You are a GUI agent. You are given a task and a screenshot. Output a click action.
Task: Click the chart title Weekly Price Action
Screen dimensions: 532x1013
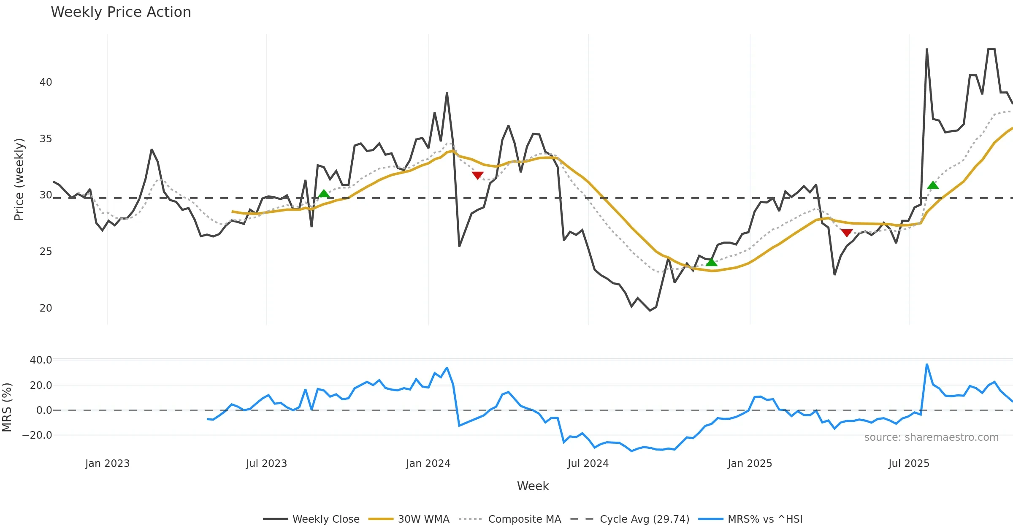pos(121,12)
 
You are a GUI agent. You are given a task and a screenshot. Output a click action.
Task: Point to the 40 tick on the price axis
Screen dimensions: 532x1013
pos(46,82)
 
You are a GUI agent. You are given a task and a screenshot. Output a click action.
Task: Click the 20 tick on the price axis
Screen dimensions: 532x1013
pos(46,308)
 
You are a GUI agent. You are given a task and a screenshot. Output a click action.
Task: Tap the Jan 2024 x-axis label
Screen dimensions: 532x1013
pos(428,464)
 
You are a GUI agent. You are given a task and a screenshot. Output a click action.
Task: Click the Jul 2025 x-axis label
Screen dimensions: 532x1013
pos(909,464)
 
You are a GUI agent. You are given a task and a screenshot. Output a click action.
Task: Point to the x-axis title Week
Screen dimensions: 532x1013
pos(533,486)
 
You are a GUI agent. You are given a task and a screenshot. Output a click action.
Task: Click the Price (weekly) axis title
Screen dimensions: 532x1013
pos(19,179)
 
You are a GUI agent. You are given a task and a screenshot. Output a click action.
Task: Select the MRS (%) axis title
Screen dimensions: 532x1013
pos(7,407)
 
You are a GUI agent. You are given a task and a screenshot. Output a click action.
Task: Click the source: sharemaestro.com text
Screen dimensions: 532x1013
pos(931,437)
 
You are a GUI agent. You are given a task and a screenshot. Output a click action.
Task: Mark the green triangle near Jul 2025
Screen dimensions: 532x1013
pos(933,185)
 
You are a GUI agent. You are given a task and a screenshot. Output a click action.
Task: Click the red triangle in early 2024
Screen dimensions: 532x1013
pos(477,175)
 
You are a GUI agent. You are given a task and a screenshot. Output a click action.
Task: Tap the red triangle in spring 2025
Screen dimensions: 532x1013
pos(847,233)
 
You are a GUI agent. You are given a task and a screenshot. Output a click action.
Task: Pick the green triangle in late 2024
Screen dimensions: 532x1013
pos(711,263)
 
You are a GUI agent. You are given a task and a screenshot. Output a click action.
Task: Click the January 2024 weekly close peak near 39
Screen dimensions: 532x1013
pos(447,93)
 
